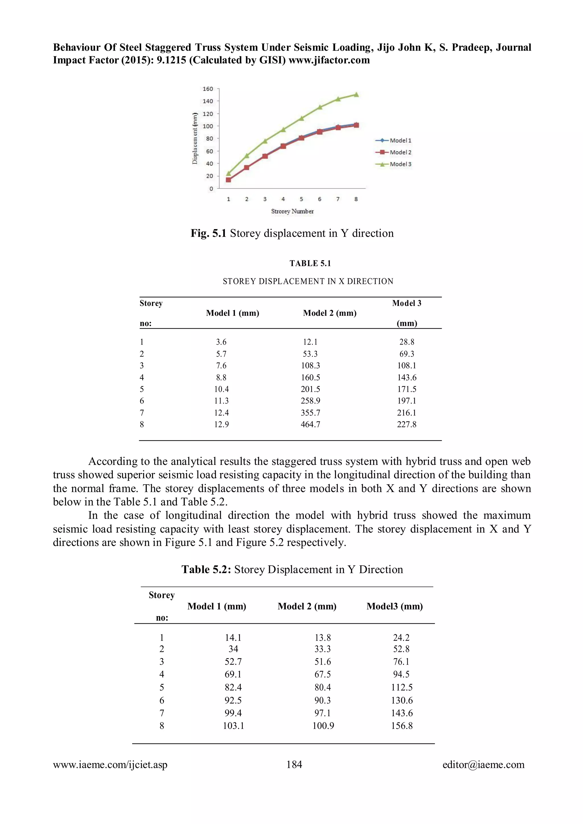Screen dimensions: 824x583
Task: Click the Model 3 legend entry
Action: [394, 164]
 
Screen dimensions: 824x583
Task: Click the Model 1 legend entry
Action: [394, 140]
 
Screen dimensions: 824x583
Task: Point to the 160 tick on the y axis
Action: [208, 89]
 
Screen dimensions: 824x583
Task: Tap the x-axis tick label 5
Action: [301, 199]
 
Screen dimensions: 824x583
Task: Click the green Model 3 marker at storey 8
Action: [356, 94]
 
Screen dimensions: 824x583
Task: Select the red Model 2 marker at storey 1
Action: [228, 180]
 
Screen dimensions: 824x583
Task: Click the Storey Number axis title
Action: [292, 211]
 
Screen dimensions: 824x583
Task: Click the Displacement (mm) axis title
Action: [195, 139]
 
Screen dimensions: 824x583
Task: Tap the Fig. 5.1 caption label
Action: [208, 233]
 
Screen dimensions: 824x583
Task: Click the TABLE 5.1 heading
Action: [310, 263]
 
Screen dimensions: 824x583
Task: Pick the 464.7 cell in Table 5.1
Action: [310, 424]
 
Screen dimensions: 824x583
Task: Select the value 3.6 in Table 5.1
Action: [221, 342]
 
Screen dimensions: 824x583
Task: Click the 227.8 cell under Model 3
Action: [407, 424]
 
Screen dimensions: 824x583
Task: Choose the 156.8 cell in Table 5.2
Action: [402, 726]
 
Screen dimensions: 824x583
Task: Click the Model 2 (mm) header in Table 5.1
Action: [330, 313]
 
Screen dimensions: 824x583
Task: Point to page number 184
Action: [294, 765]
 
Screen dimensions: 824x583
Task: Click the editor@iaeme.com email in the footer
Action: [483, 765]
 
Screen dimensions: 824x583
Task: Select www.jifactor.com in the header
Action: [329, 60]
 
